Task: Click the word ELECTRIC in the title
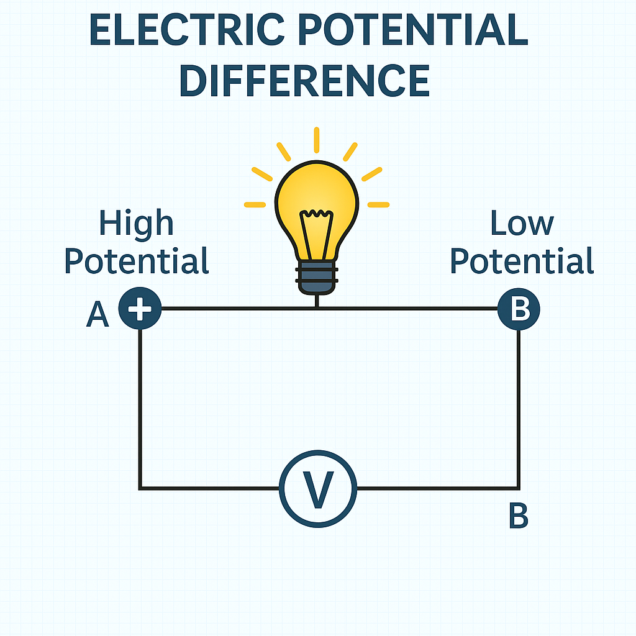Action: pyautogui.click(x=186, y=29)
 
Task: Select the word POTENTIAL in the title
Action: pyautogui.click(x=413, y=29)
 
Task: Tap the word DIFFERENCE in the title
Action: pyautogui.click(x=304, y=80)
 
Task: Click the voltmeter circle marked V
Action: pyautogui.click(x=318, y=450)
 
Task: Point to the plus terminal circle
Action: pyautogui.click(x=140, y=308)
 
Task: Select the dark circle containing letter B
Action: pyautogui.click(x=519, y=309)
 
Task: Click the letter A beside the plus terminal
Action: pyautogui.click(x=98, y=314)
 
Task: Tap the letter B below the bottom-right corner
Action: pyautogui.click(x=519, y=516)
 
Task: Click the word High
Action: pyautogui.click(x=136, y=222)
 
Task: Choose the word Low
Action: pyautogui.click(x=522, y=223)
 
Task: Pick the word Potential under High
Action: pyautogui.click(x=136, y=260)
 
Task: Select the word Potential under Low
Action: pyautogui.click(x=522, y=260)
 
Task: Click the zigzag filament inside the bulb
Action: pyautogui.click(x=317, y=213)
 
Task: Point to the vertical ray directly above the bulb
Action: pyautogui.click(x=317, y=140)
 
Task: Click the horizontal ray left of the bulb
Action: pyautogui.click(x=255, y=205)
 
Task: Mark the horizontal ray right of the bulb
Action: pyautogui.click(x=378, y=205)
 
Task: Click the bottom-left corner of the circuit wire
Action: pyautogui.click(x=140, y=488)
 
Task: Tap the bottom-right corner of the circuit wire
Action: pyautogui.click(x=519, y=488)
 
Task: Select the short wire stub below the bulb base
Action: pyautogui.click(x=317, y=301)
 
